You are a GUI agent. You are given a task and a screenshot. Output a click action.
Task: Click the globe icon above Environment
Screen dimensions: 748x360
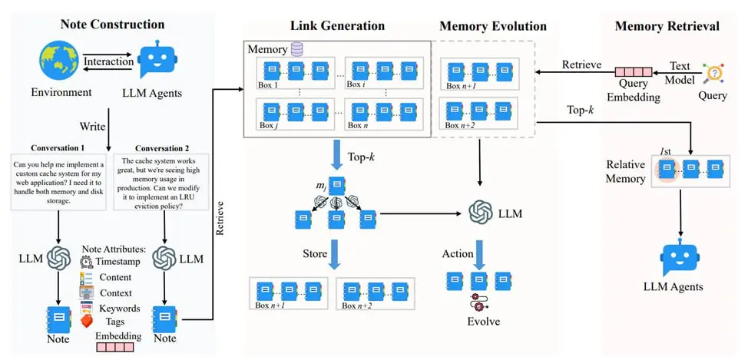tap(59, 61)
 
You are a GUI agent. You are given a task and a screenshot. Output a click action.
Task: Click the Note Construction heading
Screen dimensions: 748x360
tap(113, 25)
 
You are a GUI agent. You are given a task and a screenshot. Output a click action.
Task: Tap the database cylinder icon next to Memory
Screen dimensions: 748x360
tap(296, 48)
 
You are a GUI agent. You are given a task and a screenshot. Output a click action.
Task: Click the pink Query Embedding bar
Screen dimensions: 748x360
tap(633, 72)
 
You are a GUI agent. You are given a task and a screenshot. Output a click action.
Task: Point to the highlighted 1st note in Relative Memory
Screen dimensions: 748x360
tap(667, 170)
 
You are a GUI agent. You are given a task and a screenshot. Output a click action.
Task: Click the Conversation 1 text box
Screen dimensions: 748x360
tap(58, 181)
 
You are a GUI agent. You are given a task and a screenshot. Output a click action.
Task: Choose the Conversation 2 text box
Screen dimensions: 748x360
tap(161, 181)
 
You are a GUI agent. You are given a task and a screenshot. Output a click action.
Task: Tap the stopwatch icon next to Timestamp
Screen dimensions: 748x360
tap(87, 261)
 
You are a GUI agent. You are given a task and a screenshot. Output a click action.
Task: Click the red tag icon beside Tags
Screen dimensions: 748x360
tap(87, 320)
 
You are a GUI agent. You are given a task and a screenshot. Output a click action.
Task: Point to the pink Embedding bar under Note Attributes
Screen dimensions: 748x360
tap(115, 347)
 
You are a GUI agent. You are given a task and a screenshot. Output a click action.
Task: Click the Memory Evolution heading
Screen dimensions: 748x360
tap(493, 26)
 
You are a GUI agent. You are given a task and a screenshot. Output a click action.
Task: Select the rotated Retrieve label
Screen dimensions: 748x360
tap(220, 218)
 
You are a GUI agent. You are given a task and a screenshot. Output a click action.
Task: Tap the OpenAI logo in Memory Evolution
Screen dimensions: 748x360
tap(481, 213)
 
